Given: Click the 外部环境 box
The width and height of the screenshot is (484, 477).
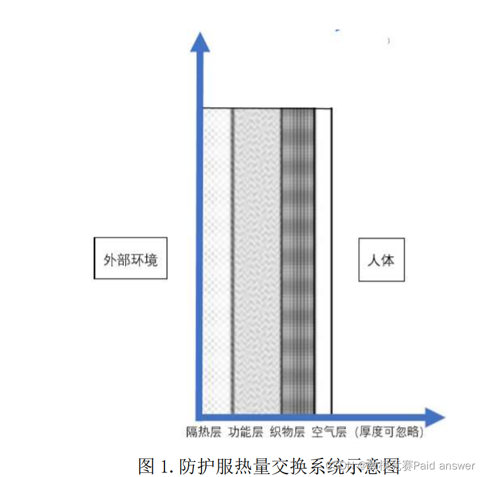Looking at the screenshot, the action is point(130,258).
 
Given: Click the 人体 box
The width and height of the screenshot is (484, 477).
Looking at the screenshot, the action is point(381,260).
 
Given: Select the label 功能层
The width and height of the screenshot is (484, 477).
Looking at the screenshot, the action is point(245,432).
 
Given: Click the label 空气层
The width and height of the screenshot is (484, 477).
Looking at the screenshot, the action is point(329,432).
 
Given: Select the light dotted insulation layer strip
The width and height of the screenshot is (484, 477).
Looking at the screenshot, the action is point(218,260).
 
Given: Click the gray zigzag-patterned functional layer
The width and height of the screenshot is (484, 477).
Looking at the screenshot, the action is point(257,260).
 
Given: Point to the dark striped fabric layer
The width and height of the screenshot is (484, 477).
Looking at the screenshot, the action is point(298,260).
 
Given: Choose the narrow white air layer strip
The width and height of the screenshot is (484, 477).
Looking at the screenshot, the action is point(322,260).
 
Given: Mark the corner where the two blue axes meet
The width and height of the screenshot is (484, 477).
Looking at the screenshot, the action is point(200,415).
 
